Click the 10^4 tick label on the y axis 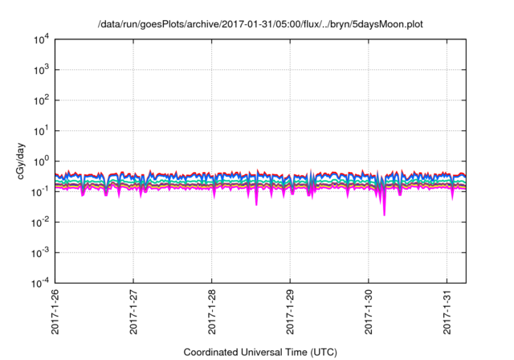(40, 40)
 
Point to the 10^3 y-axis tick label (40, 71)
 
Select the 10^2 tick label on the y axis (40, 101)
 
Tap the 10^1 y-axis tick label (40, 131)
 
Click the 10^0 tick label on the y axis (40, 162)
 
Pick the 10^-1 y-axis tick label (39, 192)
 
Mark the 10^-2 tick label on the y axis (39, 223)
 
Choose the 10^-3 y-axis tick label (39, 252)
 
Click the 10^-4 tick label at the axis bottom (39, 283)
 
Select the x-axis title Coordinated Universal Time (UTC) (260, 352)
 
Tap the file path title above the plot (260, 25)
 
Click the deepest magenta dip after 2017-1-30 (384, 214)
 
